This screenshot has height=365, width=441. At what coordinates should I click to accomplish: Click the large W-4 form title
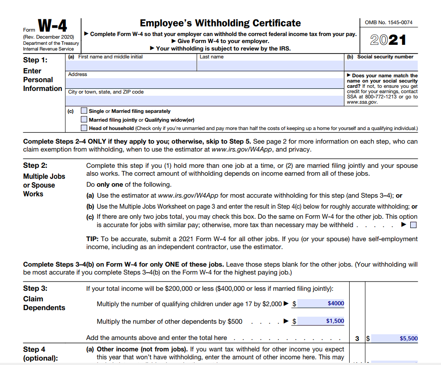52,28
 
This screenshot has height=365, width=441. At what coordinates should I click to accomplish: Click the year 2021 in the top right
388,40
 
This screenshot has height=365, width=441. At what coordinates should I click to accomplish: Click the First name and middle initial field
131,65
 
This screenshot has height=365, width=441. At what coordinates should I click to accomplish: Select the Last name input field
270,65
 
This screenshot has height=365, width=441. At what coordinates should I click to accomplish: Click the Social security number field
381,65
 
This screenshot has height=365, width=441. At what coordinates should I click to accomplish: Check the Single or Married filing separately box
84,111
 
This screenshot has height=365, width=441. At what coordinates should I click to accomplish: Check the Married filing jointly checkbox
84,119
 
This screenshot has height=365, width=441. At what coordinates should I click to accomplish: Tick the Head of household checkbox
84,128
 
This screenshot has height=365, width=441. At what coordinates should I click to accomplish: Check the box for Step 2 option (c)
413,225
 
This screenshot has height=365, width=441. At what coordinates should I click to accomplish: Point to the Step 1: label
35,60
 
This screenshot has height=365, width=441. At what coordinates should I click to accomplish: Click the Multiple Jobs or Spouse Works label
44,185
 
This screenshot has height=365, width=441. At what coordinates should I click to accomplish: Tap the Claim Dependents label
44,303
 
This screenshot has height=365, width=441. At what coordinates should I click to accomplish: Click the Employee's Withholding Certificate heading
220,23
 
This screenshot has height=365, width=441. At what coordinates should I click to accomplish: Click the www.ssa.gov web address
362,102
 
